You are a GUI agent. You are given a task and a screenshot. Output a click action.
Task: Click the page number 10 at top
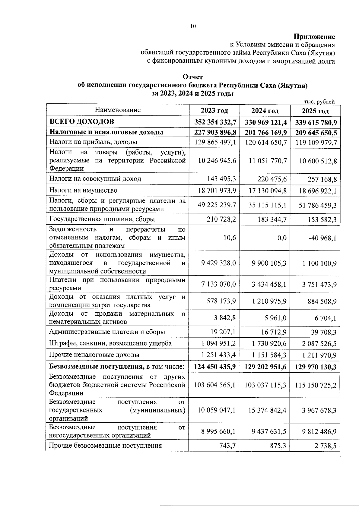(193, 26)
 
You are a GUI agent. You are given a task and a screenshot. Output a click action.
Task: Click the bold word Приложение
(315, 37)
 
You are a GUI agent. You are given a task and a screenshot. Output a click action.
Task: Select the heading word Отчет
(193, 77)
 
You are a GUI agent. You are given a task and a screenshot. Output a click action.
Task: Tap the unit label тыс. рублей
(320, 102)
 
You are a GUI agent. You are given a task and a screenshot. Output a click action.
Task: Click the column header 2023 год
(214, 111)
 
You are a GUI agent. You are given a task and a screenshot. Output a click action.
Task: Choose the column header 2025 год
(315, 111)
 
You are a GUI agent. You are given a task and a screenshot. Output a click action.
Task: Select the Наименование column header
(118, 110)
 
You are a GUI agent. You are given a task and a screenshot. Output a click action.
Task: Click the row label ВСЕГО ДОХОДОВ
(82, 122)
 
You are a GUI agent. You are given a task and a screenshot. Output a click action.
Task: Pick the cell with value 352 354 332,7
(215, 122)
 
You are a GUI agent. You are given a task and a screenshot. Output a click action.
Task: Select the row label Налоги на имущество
(83, 190)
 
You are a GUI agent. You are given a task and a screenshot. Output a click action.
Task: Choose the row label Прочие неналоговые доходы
(94, 355)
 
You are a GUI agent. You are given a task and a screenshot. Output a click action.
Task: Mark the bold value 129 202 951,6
(265, 367)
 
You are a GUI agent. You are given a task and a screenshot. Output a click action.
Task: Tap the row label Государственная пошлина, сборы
(102, 219)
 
